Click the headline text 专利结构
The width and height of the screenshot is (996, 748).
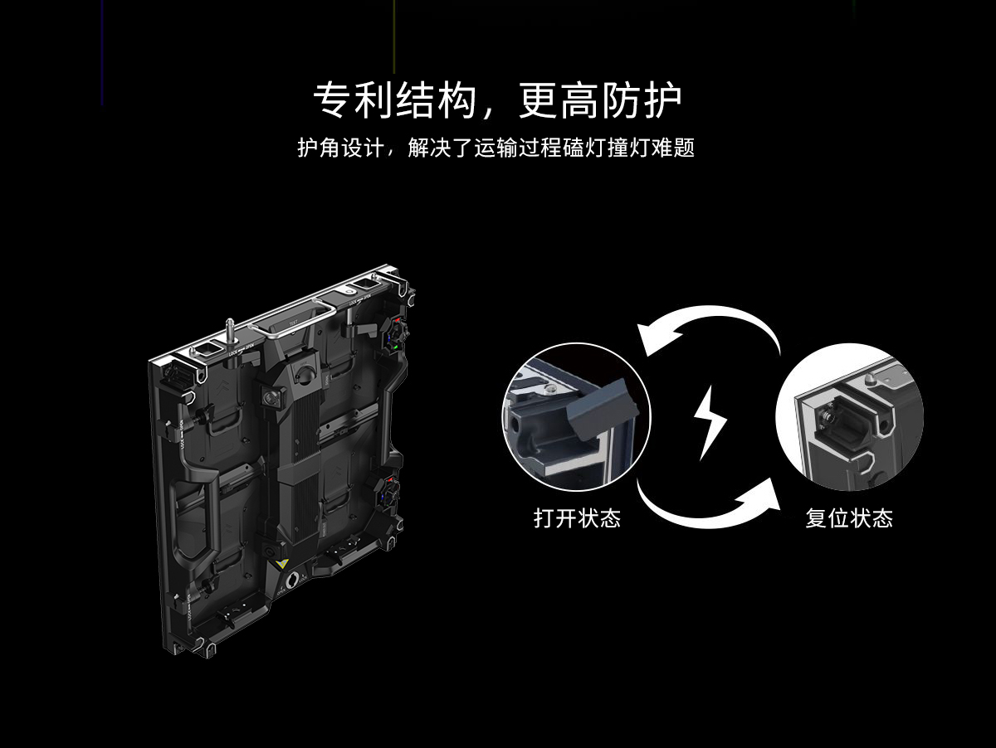394,100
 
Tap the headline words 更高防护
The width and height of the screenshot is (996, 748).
600,100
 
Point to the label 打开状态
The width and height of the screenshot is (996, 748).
577,517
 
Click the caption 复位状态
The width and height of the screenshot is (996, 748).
849,517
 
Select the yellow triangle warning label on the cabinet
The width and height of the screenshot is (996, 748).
281,564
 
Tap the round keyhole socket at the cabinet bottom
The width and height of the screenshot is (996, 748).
292,580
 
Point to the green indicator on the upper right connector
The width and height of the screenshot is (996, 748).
395,347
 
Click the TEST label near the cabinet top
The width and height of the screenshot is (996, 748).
293,323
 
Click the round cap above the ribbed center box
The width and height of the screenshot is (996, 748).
303,375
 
